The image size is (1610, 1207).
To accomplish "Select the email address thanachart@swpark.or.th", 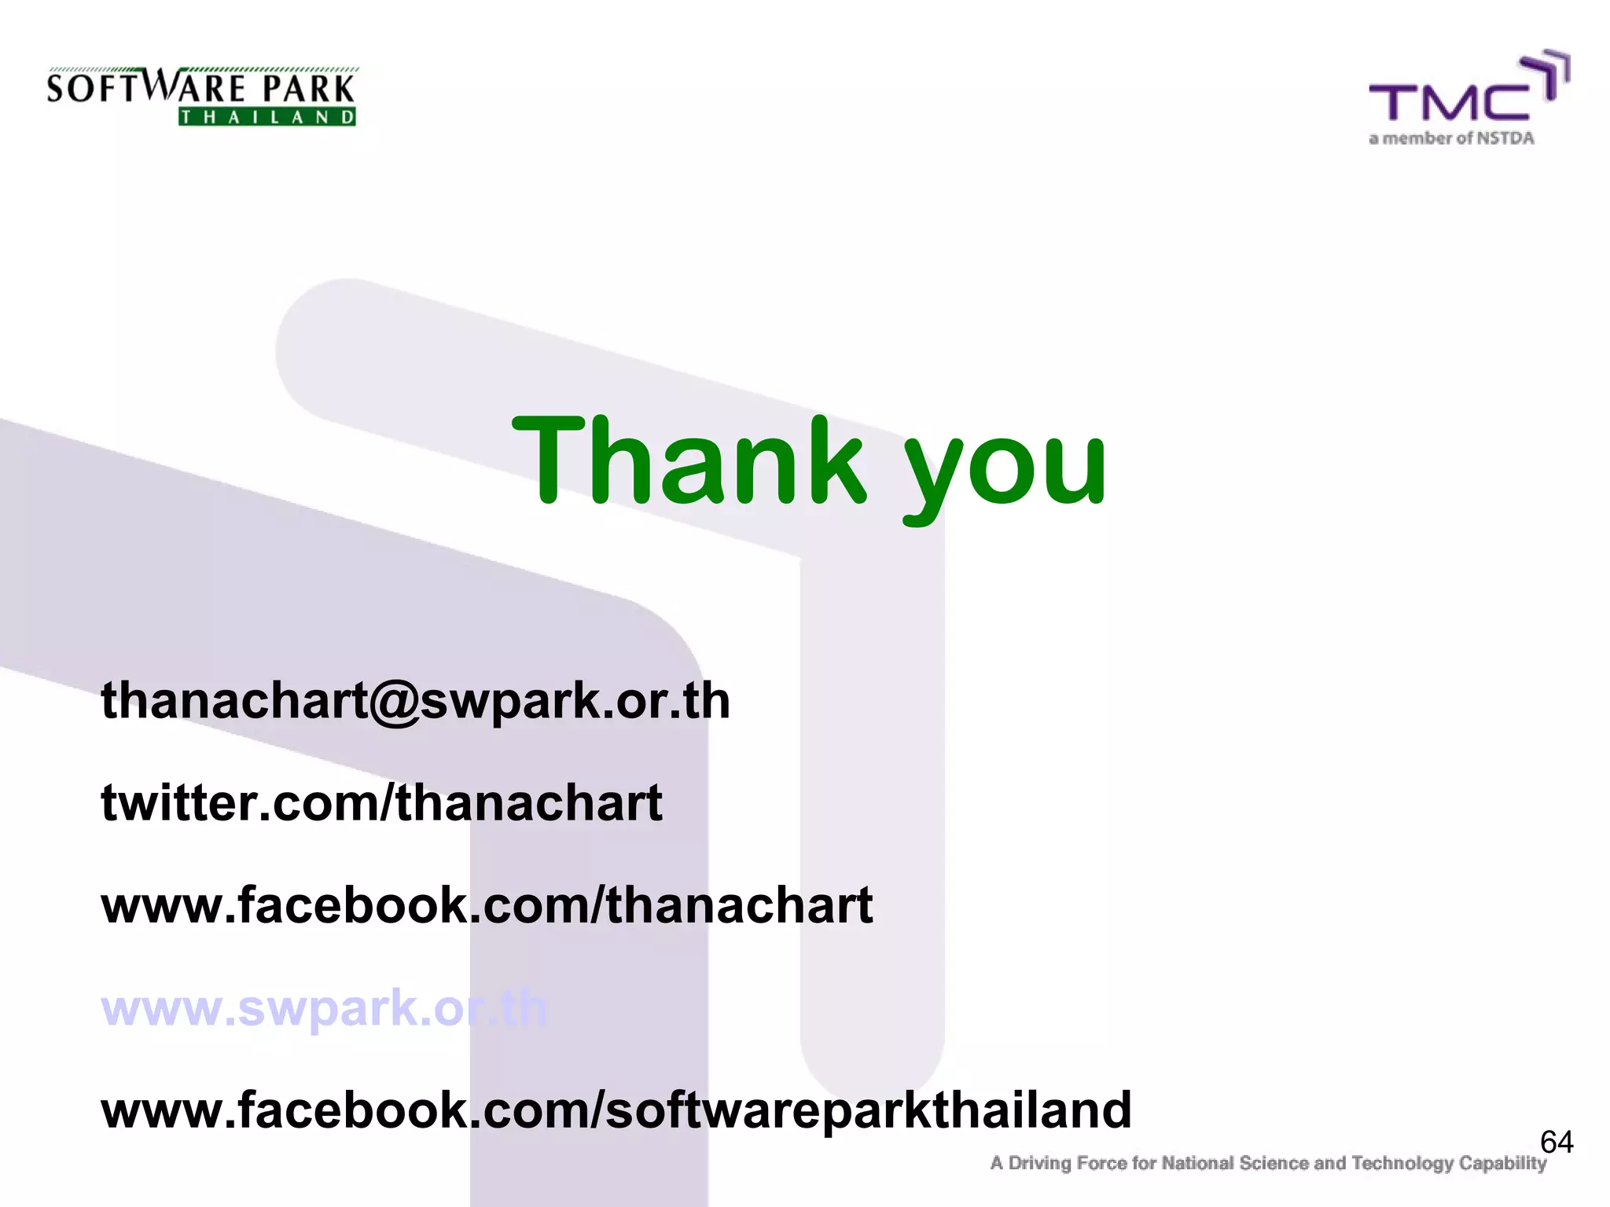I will coord(415,700).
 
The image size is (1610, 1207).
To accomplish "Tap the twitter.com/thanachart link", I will coord(381,803).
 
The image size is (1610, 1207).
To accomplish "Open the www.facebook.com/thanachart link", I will coord(487,905).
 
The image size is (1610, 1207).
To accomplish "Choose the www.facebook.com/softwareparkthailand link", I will coord(616,1110).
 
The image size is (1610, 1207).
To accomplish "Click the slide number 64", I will coord(1556,1142).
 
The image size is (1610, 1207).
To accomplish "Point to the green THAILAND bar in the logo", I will coord(267,117).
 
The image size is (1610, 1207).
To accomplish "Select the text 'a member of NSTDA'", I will coord(1451,138).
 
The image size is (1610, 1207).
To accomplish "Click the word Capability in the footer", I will coord(1502,1163).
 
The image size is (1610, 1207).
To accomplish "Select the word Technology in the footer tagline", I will coord(1402,1163).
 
